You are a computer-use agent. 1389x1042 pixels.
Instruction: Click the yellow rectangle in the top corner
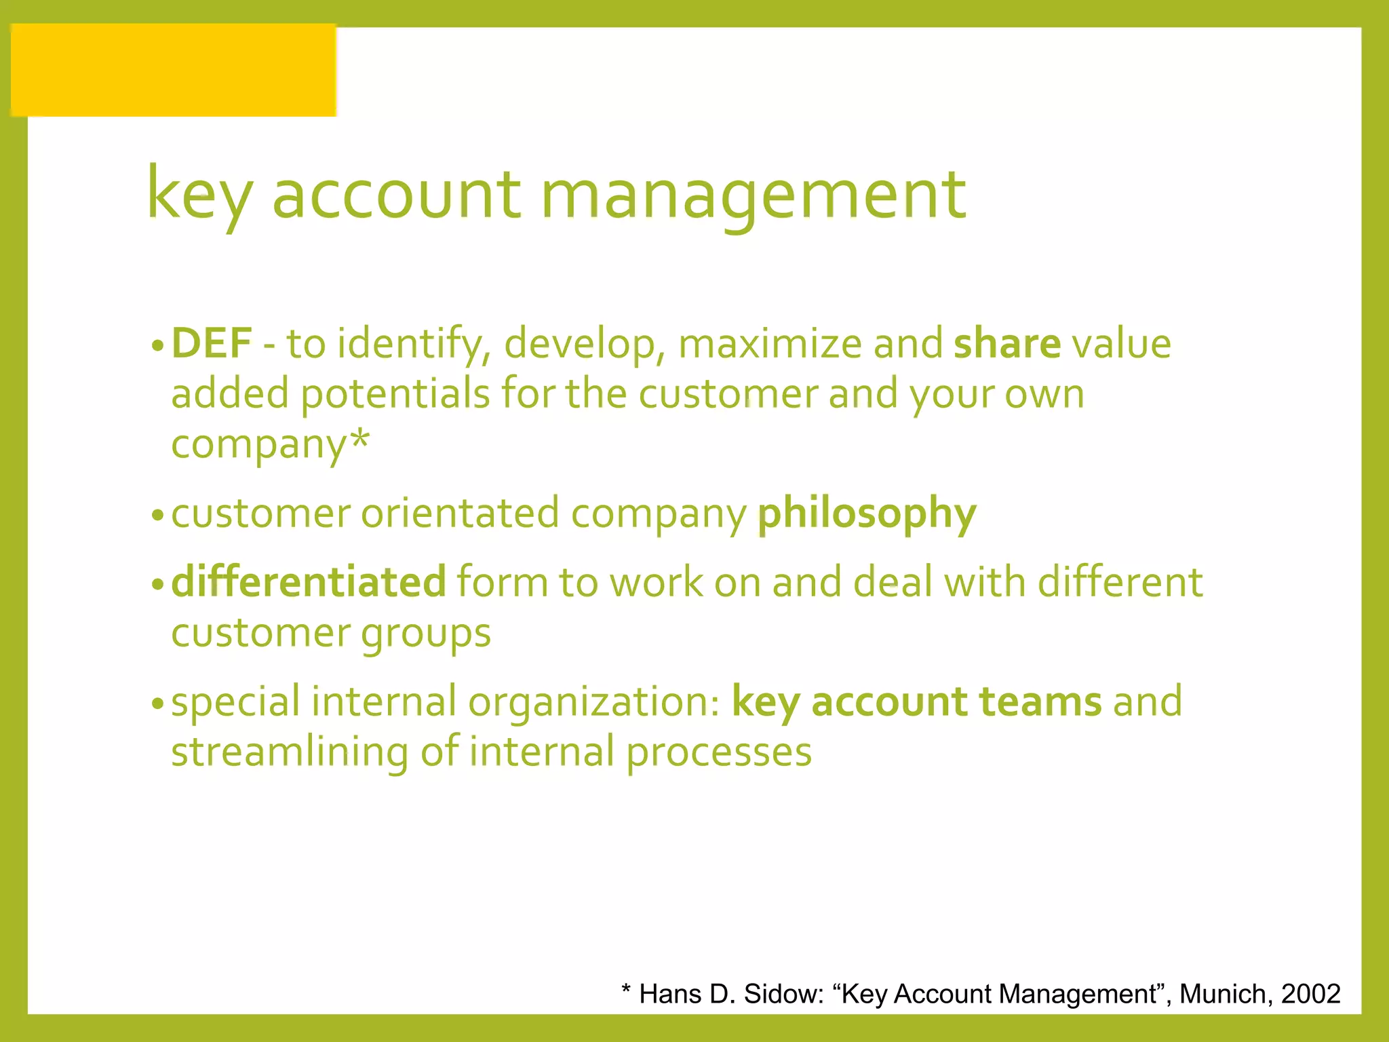[174, 70]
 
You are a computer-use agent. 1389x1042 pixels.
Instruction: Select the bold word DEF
[212, 343]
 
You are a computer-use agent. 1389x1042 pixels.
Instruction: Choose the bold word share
[1006, 343]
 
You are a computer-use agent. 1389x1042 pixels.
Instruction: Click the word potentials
[395, 393]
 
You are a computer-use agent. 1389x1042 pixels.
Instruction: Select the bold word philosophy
[867, 514]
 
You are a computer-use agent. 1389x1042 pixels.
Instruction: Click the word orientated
[460, 514]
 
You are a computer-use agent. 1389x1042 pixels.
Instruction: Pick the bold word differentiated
[309, 582]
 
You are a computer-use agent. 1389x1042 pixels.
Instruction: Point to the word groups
[425, 634]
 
